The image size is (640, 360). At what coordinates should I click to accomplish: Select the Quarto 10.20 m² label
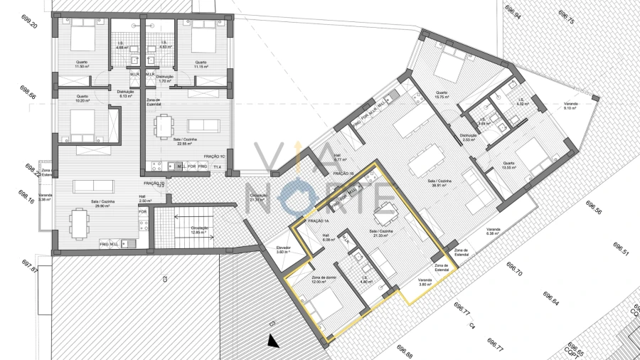(82, 98)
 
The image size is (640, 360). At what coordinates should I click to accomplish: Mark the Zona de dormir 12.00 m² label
(323, 280)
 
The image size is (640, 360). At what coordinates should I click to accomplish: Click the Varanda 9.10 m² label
(570, 105)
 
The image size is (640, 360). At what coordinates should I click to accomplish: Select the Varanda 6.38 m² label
(494, 231)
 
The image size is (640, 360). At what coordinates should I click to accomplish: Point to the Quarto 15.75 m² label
(442, 94)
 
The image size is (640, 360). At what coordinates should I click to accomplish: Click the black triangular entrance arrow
(271, 342)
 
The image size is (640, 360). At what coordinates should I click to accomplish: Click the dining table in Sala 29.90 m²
(79, 221)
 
